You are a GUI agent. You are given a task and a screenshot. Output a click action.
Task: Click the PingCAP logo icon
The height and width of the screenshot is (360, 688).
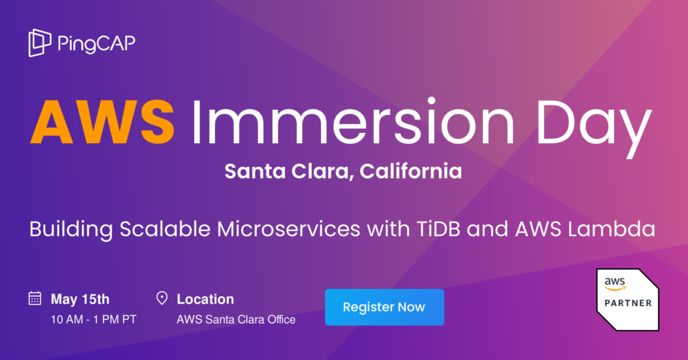pyautogui.click(x=40, y=43)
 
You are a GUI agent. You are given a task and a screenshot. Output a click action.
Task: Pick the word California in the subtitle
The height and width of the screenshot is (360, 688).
pyautogui.click(x=411, y=172)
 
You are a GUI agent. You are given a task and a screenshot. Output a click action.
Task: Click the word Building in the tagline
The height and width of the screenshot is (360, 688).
pyautogui.click(x=71, y=230)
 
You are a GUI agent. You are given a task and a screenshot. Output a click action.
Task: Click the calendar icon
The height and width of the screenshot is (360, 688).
pyautogui.click(x=35, y=299)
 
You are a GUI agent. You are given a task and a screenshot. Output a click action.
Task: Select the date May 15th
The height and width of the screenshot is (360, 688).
pyautogui.click(x=80, y=300)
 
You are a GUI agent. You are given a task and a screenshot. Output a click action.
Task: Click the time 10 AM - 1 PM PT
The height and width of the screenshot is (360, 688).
pyautogui.click(x=93, y=320)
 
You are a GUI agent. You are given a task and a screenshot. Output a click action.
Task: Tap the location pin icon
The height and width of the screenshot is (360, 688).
pyautogui.click(x=161, y=299)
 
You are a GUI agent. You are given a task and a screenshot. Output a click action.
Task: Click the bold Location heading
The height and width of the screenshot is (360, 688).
pyautogui.click(x=205, y=300)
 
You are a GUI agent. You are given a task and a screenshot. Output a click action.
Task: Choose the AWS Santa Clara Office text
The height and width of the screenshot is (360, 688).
pyautogui.click(x=236, y=320)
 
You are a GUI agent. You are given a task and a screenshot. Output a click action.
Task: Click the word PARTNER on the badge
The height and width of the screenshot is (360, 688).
pyautogui.click(x=628, y=303)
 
